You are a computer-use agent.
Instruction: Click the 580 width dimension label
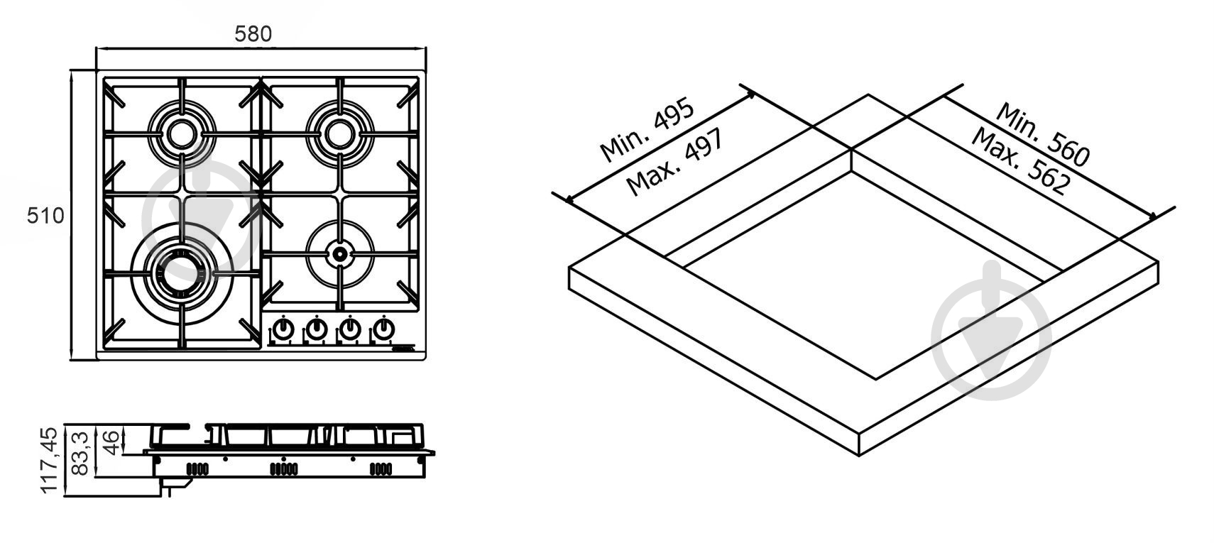(253, 34)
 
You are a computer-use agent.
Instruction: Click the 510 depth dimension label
(45, 216)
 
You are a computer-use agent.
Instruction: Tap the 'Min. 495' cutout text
(647, 130)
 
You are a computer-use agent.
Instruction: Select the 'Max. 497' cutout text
(674, 162)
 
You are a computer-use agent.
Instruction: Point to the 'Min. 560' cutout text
(1042, 134)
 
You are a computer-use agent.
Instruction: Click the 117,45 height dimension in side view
(49, 461)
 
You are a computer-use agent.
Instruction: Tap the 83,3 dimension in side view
(80, 454)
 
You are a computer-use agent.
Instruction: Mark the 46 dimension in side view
(110, 443)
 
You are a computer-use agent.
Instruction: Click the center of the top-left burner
(181, 133)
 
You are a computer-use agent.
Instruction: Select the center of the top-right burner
(340, 133)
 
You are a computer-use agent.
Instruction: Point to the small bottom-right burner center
(340, 253)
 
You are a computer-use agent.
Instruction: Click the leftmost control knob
(283, 329)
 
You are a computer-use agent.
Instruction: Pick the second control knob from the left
(317, 329)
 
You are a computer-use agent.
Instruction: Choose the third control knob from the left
(350, 329)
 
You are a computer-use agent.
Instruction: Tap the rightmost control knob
(383, 329)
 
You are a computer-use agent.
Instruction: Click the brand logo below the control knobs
(402, 349)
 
